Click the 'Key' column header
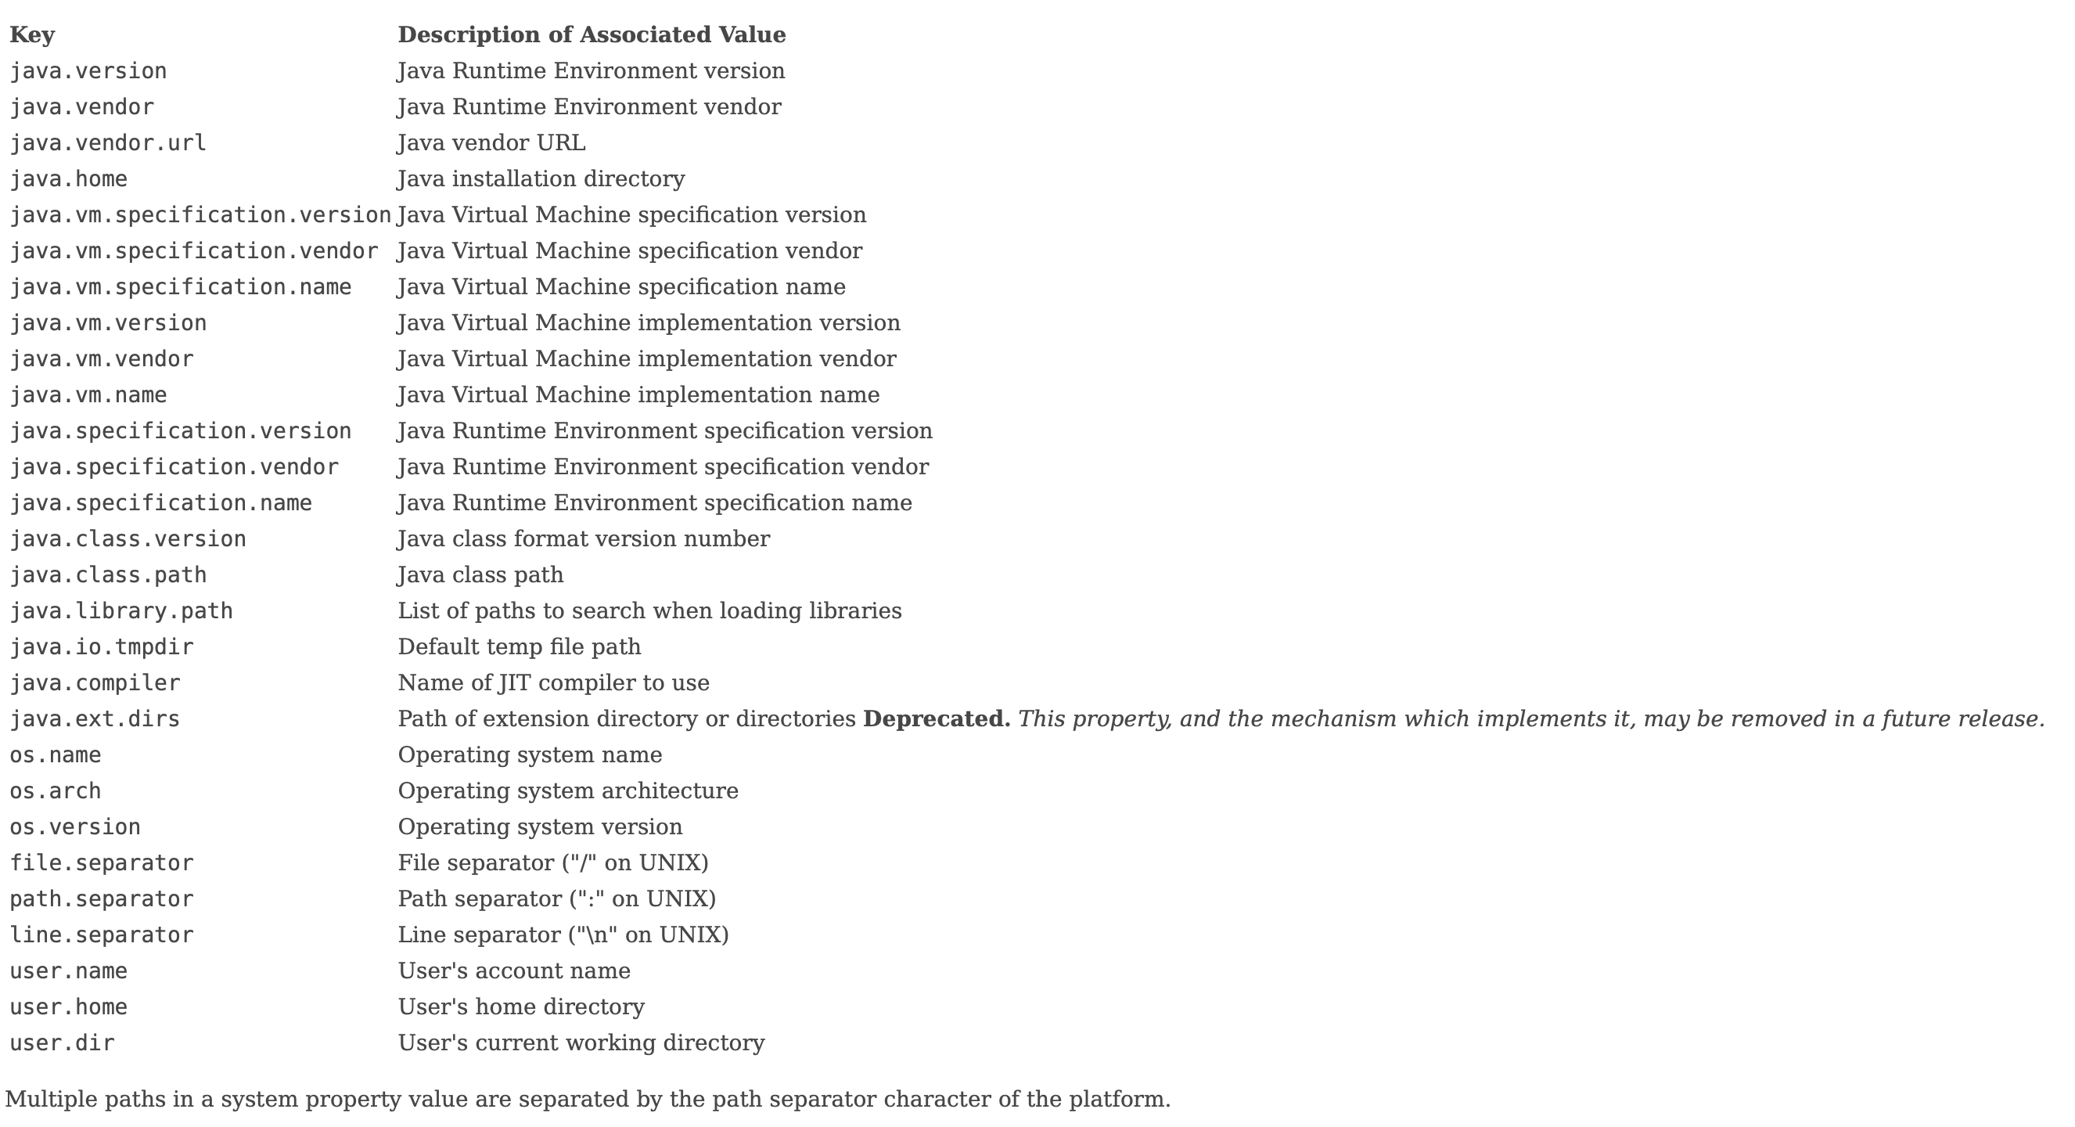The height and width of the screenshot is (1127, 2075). pyautogui.click(x=32, y=35)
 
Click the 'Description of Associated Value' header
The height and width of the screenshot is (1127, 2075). pyautogui.click(x=592, y=35)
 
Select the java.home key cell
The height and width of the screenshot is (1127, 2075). pyautogui.click(x=69, y=179)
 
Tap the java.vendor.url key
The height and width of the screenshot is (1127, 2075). pyautogui.click(x=108, y=143)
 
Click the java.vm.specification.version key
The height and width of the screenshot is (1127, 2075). pyautogui.click(x=200, y=215)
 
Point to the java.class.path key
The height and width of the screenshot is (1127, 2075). pyautogui.click(x=108, y=575)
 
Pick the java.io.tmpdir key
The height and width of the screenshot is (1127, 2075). pyautogui.click(x=102, y=648)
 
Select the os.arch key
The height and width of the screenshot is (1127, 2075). pyautogui.click(x=56, y=791)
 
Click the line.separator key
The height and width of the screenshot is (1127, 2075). pyautogui.click(x=102, y=935)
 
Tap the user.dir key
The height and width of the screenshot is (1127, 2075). pyautogui.click(x=62, y=1043)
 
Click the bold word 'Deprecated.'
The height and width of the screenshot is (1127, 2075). pyautogui.click(x=936, y=719)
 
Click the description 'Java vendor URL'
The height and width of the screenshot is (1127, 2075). pyautogui.click(x=491, y=143)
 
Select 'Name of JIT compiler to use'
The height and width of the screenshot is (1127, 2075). pyautogui.click(x=553, y=683)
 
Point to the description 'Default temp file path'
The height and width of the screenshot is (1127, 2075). pyautogui.click(x=520, y=648)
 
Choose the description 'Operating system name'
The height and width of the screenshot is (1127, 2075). pyautogui.click(x=530, y=755)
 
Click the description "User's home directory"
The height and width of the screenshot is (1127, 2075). pyautogui.click(x=521, y=1008)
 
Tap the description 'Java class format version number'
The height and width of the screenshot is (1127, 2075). pyautogui.click(x=584, y=539)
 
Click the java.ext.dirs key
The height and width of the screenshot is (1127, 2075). pyautogui.click(x=95, y=719)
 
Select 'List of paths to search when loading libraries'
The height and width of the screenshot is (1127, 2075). pyautogui.click(x=649, y=611)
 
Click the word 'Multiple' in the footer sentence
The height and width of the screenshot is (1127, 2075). pyautogui.click(x=51, y=1100)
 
